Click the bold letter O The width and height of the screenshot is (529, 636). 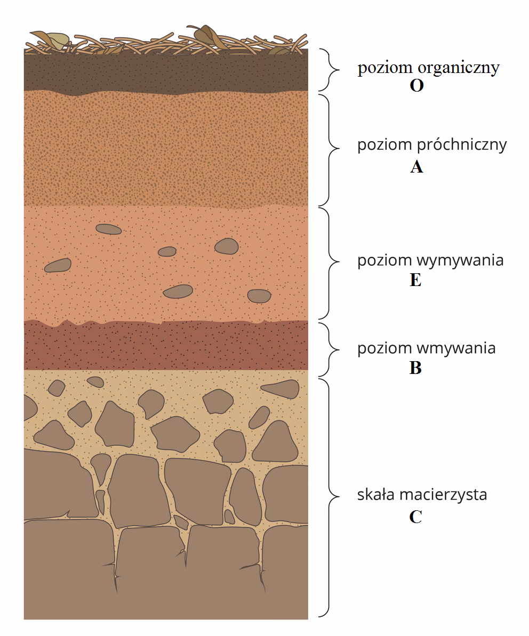(x=416, y=86)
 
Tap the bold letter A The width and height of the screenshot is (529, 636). (x=416, y=167)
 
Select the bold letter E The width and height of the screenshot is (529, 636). (x=415, y=280)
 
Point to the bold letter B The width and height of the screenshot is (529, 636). (x=415, y=368)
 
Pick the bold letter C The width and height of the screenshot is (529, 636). (x=416, y=517)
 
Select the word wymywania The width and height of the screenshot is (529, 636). (x=460, y=261)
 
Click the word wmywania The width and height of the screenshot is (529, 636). (x=456, y=348)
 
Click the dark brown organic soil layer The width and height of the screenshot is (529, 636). (x=166, y=72)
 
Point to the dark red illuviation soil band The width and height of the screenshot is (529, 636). (x=166, y=345)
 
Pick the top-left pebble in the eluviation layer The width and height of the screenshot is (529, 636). (x=108, y=229)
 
